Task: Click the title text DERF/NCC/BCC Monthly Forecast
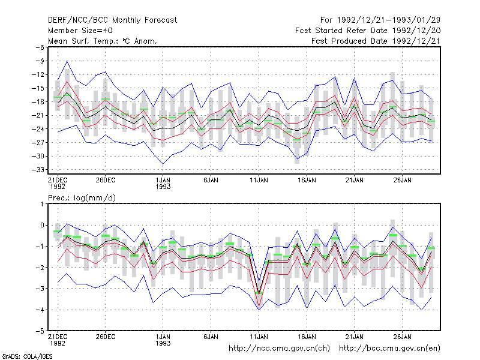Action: [112, 20]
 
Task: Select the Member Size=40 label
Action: [80, 31]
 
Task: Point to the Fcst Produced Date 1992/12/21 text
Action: [376, 41]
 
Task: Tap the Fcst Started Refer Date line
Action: [368, 31]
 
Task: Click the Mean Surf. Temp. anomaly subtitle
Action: [103, 41]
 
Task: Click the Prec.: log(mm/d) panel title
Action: [82, 198]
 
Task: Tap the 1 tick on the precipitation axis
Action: [42, 204]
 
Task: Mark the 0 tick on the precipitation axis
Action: [42, 226]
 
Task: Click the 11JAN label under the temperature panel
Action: [259, 181]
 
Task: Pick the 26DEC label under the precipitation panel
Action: [106, 337]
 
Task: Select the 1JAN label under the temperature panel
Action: [163, 184]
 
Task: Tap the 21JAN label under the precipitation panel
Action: [354, 337]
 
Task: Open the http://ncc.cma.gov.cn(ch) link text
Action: [279, 349]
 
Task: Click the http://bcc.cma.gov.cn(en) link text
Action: [389, 349]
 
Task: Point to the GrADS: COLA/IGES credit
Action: [27, 356]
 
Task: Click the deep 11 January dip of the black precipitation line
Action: [259, 293]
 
